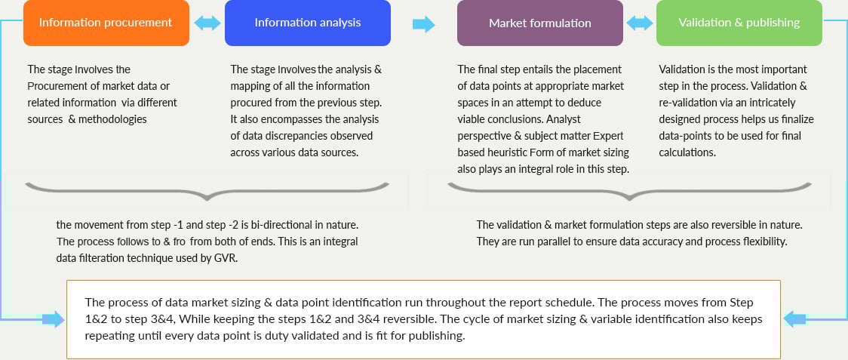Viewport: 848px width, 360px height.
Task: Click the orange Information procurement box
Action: coord(106,23)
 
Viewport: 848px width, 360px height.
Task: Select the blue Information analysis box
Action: coord(308,23)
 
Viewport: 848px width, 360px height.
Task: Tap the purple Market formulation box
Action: coord(540,23)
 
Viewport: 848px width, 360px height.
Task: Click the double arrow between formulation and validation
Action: coord(640,23)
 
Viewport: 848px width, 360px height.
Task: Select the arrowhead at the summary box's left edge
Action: coord(53,319)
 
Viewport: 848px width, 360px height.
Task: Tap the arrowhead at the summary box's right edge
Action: coord(795,319)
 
